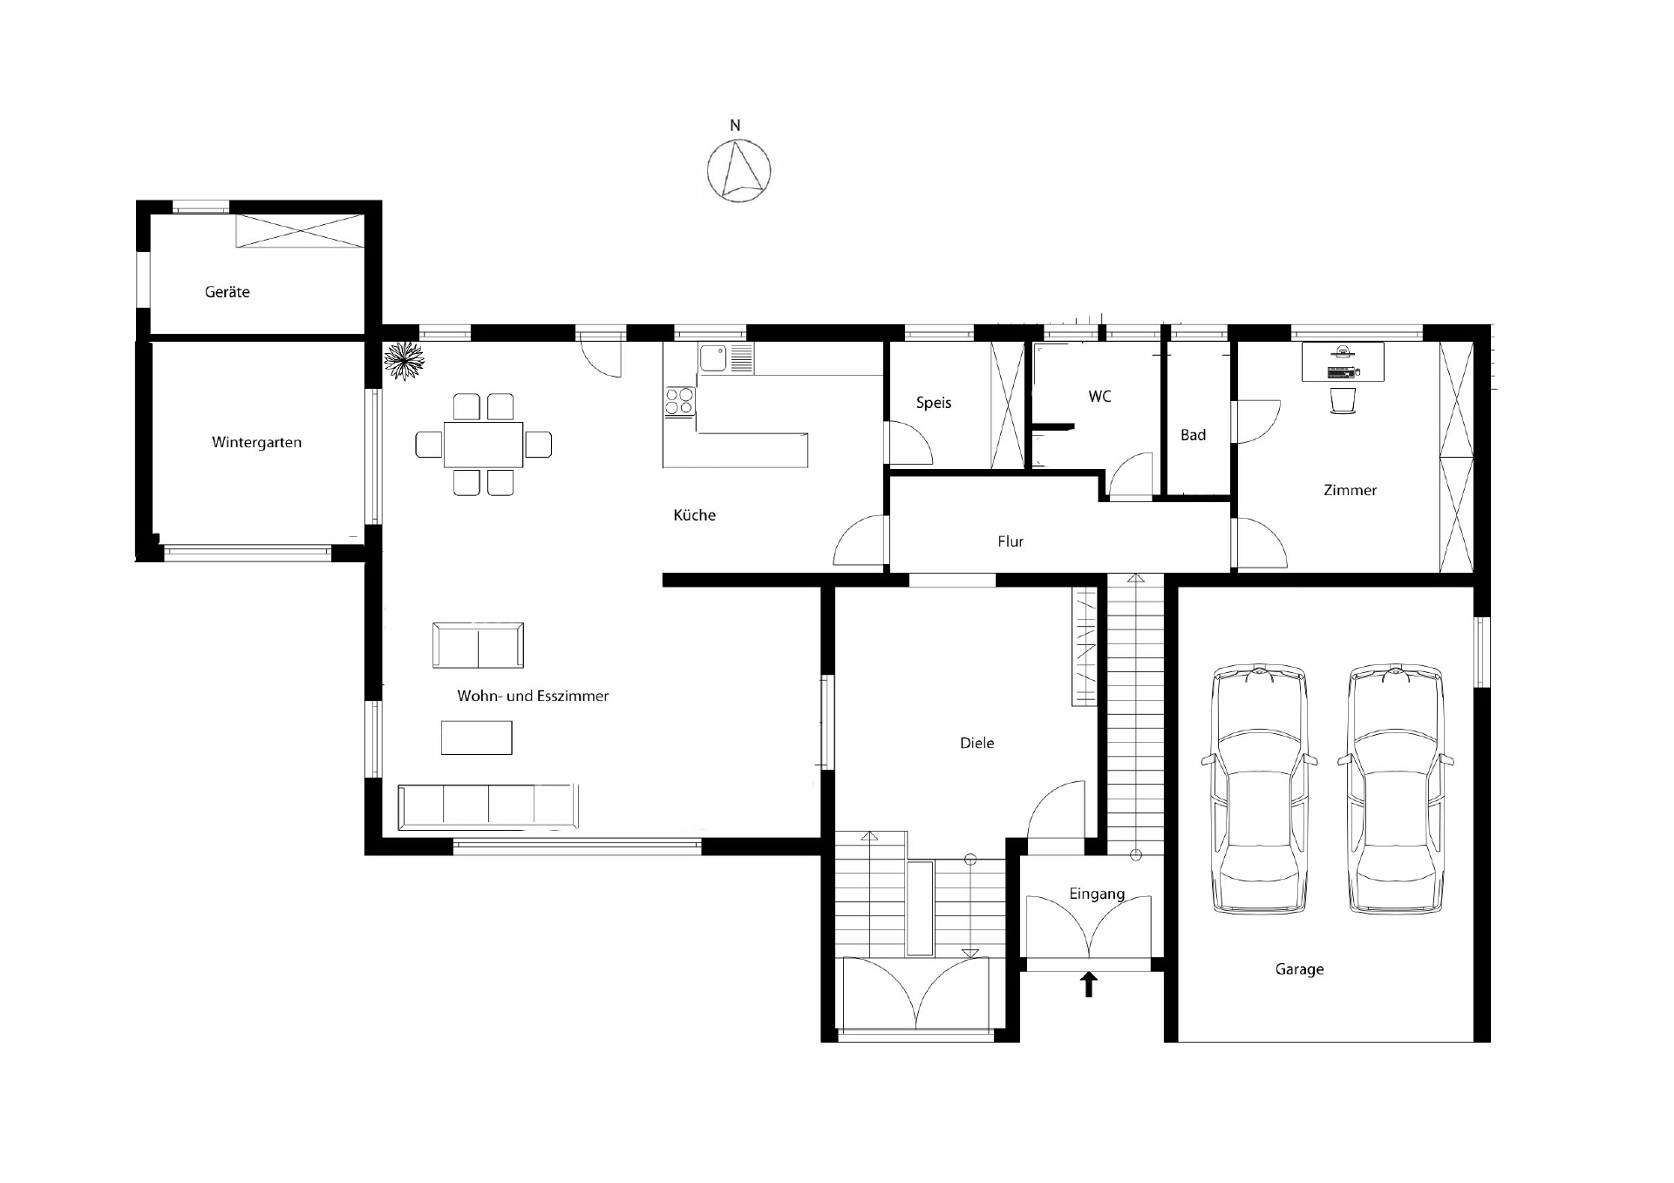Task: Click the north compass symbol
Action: click(x=738, y=170)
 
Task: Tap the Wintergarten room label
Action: click(x=256, y=442)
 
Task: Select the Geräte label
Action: click(x=227, y=292)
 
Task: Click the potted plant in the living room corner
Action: click(x=404, y=360)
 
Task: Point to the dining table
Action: click(x=483, y=445)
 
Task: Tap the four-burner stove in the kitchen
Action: click(x=680, y=401)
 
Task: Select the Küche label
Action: click(x=694, y=515)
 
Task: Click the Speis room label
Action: click(x=933, y=403)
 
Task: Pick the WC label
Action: click(x=1099, y=397)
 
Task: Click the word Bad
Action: click(x=1193, y=435)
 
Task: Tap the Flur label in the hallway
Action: click(x=1011, y=541)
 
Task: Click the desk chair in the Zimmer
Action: click(x=1344, y=401)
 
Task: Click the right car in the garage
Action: click(x=1395, y=789)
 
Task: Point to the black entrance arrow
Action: click(x=1089, y=985)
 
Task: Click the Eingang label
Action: click(x=1097, y=894)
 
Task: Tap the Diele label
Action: click(x=976, y=743)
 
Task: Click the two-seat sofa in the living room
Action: click(x=478, y=645)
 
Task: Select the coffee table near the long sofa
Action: click(x=476, y=738)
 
